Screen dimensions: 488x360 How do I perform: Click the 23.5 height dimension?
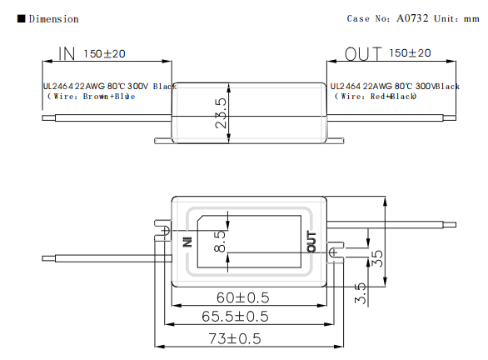[221, 113]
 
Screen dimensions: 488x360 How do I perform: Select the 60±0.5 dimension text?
[243, 297]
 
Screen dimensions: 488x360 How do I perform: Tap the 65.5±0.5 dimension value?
[235, 317]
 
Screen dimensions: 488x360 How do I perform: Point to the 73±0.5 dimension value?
[235, 339]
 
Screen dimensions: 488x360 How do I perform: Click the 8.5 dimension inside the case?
[220, 241]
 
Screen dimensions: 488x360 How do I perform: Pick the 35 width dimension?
[377, 258]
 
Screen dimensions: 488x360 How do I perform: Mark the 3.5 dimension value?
[360, 293]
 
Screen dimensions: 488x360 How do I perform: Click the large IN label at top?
[67, 53]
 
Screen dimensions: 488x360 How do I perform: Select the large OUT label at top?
[363, 53]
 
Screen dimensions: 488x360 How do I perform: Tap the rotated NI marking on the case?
[187, 242]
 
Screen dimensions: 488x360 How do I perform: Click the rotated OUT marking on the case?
[311, 242]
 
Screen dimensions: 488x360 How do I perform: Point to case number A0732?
[412, 18]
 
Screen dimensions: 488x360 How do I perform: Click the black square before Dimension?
[21, 18]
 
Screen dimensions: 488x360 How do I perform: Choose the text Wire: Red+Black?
[378, 96]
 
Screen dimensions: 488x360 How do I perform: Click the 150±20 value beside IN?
[104, 53]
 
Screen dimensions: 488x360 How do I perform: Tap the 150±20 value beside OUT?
[410, 53]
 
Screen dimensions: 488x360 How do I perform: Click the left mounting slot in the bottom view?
[162, 231]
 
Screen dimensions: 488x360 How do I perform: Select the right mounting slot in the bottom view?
[336, 252]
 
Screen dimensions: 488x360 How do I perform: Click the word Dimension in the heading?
[53, 18]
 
